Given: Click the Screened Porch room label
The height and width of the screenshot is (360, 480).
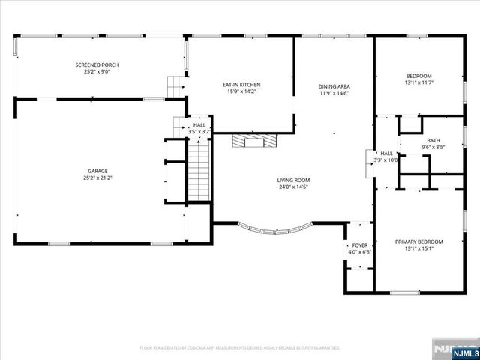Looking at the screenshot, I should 97,65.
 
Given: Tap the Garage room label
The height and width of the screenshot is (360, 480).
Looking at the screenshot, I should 97,172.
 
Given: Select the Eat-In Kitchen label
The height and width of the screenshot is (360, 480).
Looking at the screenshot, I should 241,85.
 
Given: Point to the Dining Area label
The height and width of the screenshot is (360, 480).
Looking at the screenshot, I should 334,87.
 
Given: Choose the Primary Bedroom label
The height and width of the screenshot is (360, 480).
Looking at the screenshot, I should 418,241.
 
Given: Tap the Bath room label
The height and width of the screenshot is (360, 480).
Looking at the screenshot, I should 433,140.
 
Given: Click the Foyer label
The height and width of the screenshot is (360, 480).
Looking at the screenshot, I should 360,245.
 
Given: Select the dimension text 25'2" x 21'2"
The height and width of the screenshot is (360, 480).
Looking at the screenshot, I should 97,178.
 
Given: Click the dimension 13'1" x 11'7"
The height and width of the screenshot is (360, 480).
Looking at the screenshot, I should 418,83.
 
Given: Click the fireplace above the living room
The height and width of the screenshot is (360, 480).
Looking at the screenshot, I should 253,140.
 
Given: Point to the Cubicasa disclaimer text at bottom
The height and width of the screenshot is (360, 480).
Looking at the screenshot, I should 240,348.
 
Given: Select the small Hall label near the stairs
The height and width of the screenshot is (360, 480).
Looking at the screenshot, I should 199,125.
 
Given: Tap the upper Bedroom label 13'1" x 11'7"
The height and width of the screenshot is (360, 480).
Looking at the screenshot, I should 418,76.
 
